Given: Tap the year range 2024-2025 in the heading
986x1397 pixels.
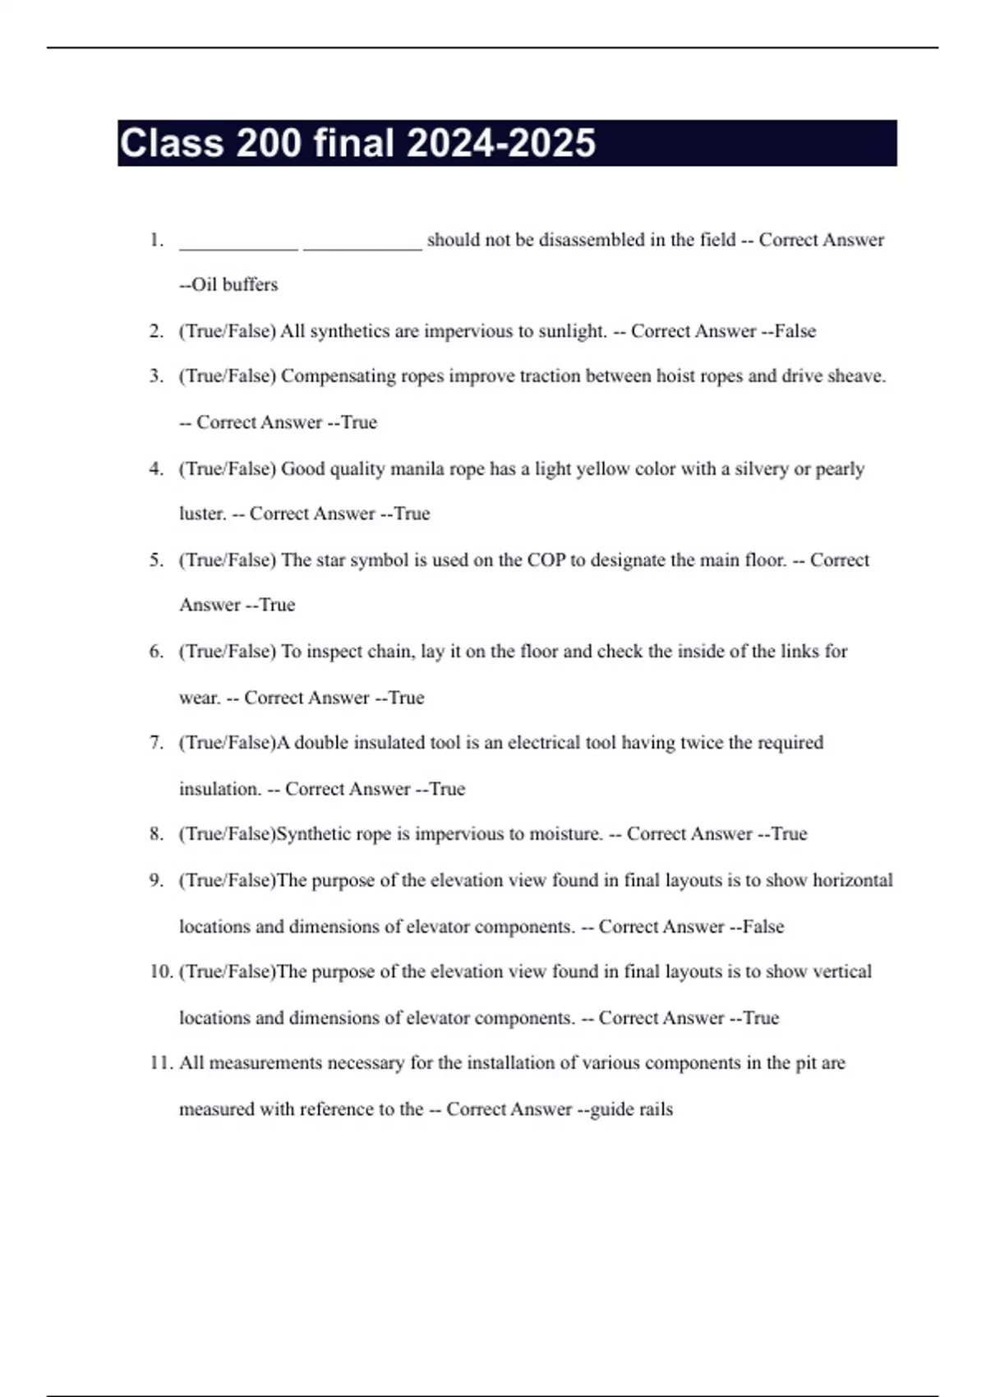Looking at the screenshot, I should pos(500,143).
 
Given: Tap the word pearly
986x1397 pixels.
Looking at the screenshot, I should pos(840,468).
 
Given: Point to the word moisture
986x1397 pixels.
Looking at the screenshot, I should pos(565,833).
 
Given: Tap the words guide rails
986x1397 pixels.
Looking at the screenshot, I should pos(631,1109).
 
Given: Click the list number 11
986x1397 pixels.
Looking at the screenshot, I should pos(160,1063).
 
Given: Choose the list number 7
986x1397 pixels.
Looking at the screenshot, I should pos(156,742).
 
